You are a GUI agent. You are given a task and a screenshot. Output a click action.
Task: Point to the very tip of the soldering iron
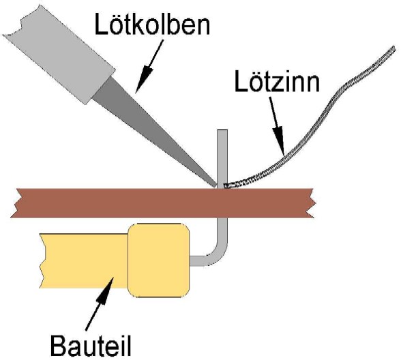point(216,186)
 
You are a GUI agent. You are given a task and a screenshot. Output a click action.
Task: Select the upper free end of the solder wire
point(394,48)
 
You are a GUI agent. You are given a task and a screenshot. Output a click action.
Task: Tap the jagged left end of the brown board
point(15,203)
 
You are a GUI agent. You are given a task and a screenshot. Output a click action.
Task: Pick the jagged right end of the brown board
point(312,203)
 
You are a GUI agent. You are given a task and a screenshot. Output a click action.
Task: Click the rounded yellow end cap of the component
point(158,260)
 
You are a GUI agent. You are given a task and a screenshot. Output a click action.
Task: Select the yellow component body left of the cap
point(84,260)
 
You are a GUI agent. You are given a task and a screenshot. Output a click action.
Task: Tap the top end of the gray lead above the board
point(222,131)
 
